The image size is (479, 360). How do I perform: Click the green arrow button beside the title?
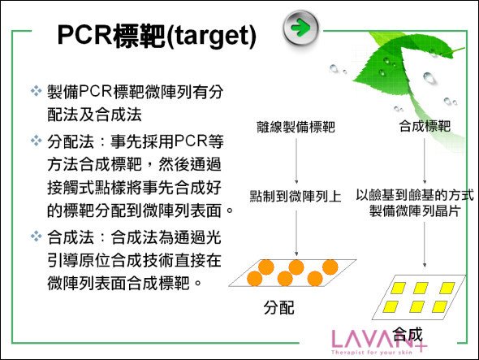[301, 28]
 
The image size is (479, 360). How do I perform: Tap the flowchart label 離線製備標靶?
[296, 127]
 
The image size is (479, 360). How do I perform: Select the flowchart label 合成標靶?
[425, 126]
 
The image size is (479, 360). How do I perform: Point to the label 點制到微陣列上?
[296, 196]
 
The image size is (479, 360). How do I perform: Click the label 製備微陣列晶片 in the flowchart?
[415, 210]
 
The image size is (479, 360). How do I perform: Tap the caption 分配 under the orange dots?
[279, 307]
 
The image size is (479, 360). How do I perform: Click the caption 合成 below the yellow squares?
[408, 334]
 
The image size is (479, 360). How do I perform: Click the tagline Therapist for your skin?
[372, 353]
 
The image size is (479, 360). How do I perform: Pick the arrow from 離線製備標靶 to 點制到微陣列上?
[296, 161]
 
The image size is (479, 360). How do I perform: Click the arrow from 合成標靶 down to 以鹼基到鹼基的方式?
[425, 161]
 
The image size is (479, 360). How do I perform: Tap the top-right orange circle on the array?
[330, 267]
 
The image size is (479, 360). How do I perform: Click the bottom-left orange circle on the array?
[254, 279]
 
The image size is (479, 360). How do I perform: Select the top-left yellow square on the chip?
[398, 288]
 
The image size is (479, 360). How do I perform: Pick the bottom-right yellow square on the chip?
[440, 307]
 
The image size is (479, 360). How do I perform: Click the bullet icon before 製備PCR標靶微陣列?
[36, 91]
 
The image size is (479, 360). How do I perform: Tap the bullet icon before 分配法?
[36, 141]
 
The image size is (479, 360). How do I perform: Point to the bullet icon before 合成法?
[36, 236]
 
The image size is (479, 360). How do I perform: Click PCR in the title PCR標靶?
[85, 35]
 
